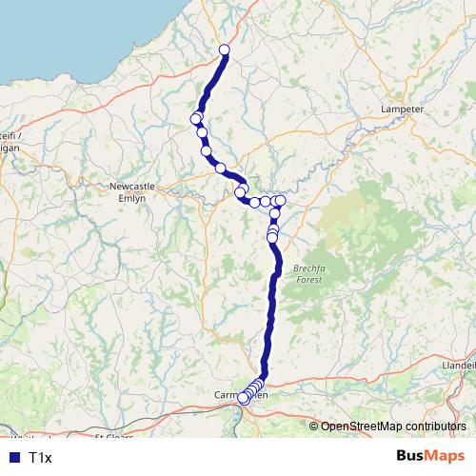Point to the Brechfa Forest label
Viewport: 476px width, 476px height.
308,274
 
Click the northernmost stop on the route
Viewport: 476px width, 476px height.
225,50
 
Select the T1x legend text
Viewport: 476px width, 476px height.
40,458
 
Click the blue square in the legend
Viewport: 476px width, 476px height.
12,458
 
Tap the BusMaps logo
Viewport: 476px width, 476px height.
429,457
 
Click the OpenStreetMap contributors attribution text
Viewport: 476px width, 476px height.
393,426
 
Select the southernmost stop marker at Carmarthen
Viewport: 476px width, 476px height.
244,400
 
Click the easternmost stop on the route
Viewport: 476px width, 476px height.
281,200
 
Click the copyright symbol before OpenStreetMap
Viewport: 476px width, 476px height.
314,426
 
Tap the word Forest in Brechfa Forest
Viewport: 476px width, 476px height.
308,280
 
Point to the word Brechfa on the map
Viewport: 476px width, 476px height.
308,268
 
